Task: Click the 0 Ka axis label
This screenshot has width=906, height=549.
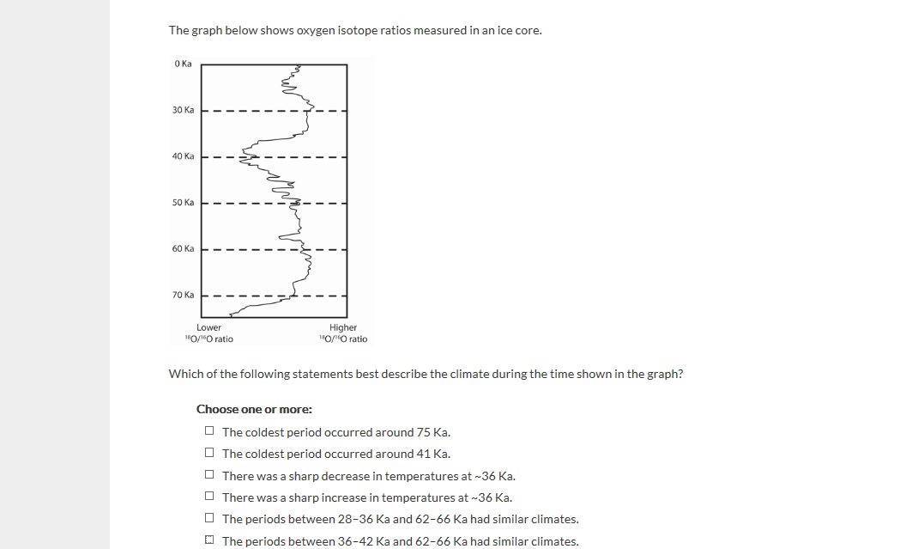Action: coord(182,64)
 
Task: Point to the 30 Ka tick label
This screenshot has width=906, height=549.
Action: coord(183,110)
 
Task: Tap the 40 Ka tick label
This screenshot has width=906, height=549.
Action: coord(183,156)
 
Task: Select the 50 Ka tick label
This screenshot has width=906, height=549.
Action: coord(183,203)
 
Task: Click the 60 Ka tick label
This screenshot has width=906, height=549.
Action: coord(183,248)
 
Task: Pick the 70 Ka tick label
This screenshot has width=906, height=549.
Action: coord(183,295)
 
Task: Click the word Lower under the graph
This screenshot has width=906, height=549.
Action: coord(208,327)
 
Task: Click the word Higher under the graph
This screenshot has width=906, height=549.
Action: coord(342,327)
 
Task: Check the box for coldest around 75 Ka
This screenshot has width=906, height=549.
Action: coord(209,431)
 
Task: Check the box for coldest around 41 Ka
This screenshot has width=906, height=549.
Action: coord(209,453)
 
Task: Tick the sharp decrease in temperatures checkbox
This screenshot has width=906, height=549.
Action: coord(209,475)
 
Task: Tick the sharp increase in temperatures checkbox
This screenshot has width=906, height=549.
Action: coord(209,497)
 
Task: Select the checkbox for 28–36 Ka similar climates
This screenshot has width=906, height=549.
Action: coord(209,519)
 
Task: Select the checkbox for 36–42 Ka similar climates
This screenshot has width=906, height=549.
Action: coord(209,541)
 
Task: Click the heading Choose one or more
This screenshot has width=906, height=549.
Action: coord(254,409)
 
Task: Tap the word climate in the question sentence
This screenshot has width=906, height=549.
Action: coord(449,374)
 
